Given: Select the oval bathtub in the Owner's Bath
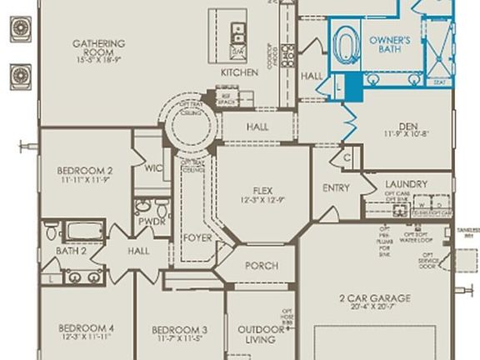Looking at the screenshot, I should [x=344, y=43].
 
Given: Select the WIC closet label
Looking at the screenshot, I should [x=152, y=167].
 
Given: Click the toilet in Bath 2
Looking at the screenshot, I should [x=51, y=229].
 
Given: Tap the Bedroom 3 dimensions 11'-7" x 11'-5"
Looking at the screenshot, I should [x=179, y=340].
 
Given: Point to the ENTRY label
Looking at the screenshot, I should [x=336, y=188].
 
